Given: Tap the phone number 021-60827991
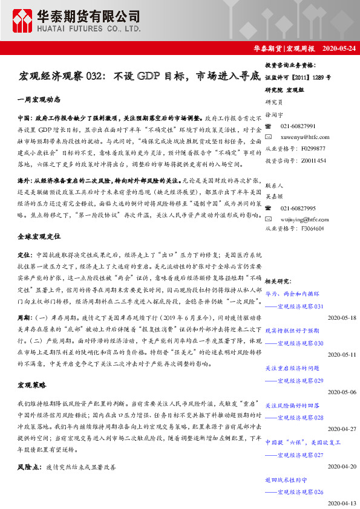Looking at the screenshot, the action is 298,126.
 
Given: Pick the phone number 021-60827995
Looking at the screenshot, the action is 298,207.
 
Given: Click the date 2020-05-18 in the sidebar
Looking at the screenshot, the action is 342,317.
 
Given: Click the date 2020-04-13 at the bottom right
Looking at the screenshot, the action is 342,503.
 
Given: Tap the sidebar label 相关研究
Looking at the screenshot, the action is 278,281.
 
